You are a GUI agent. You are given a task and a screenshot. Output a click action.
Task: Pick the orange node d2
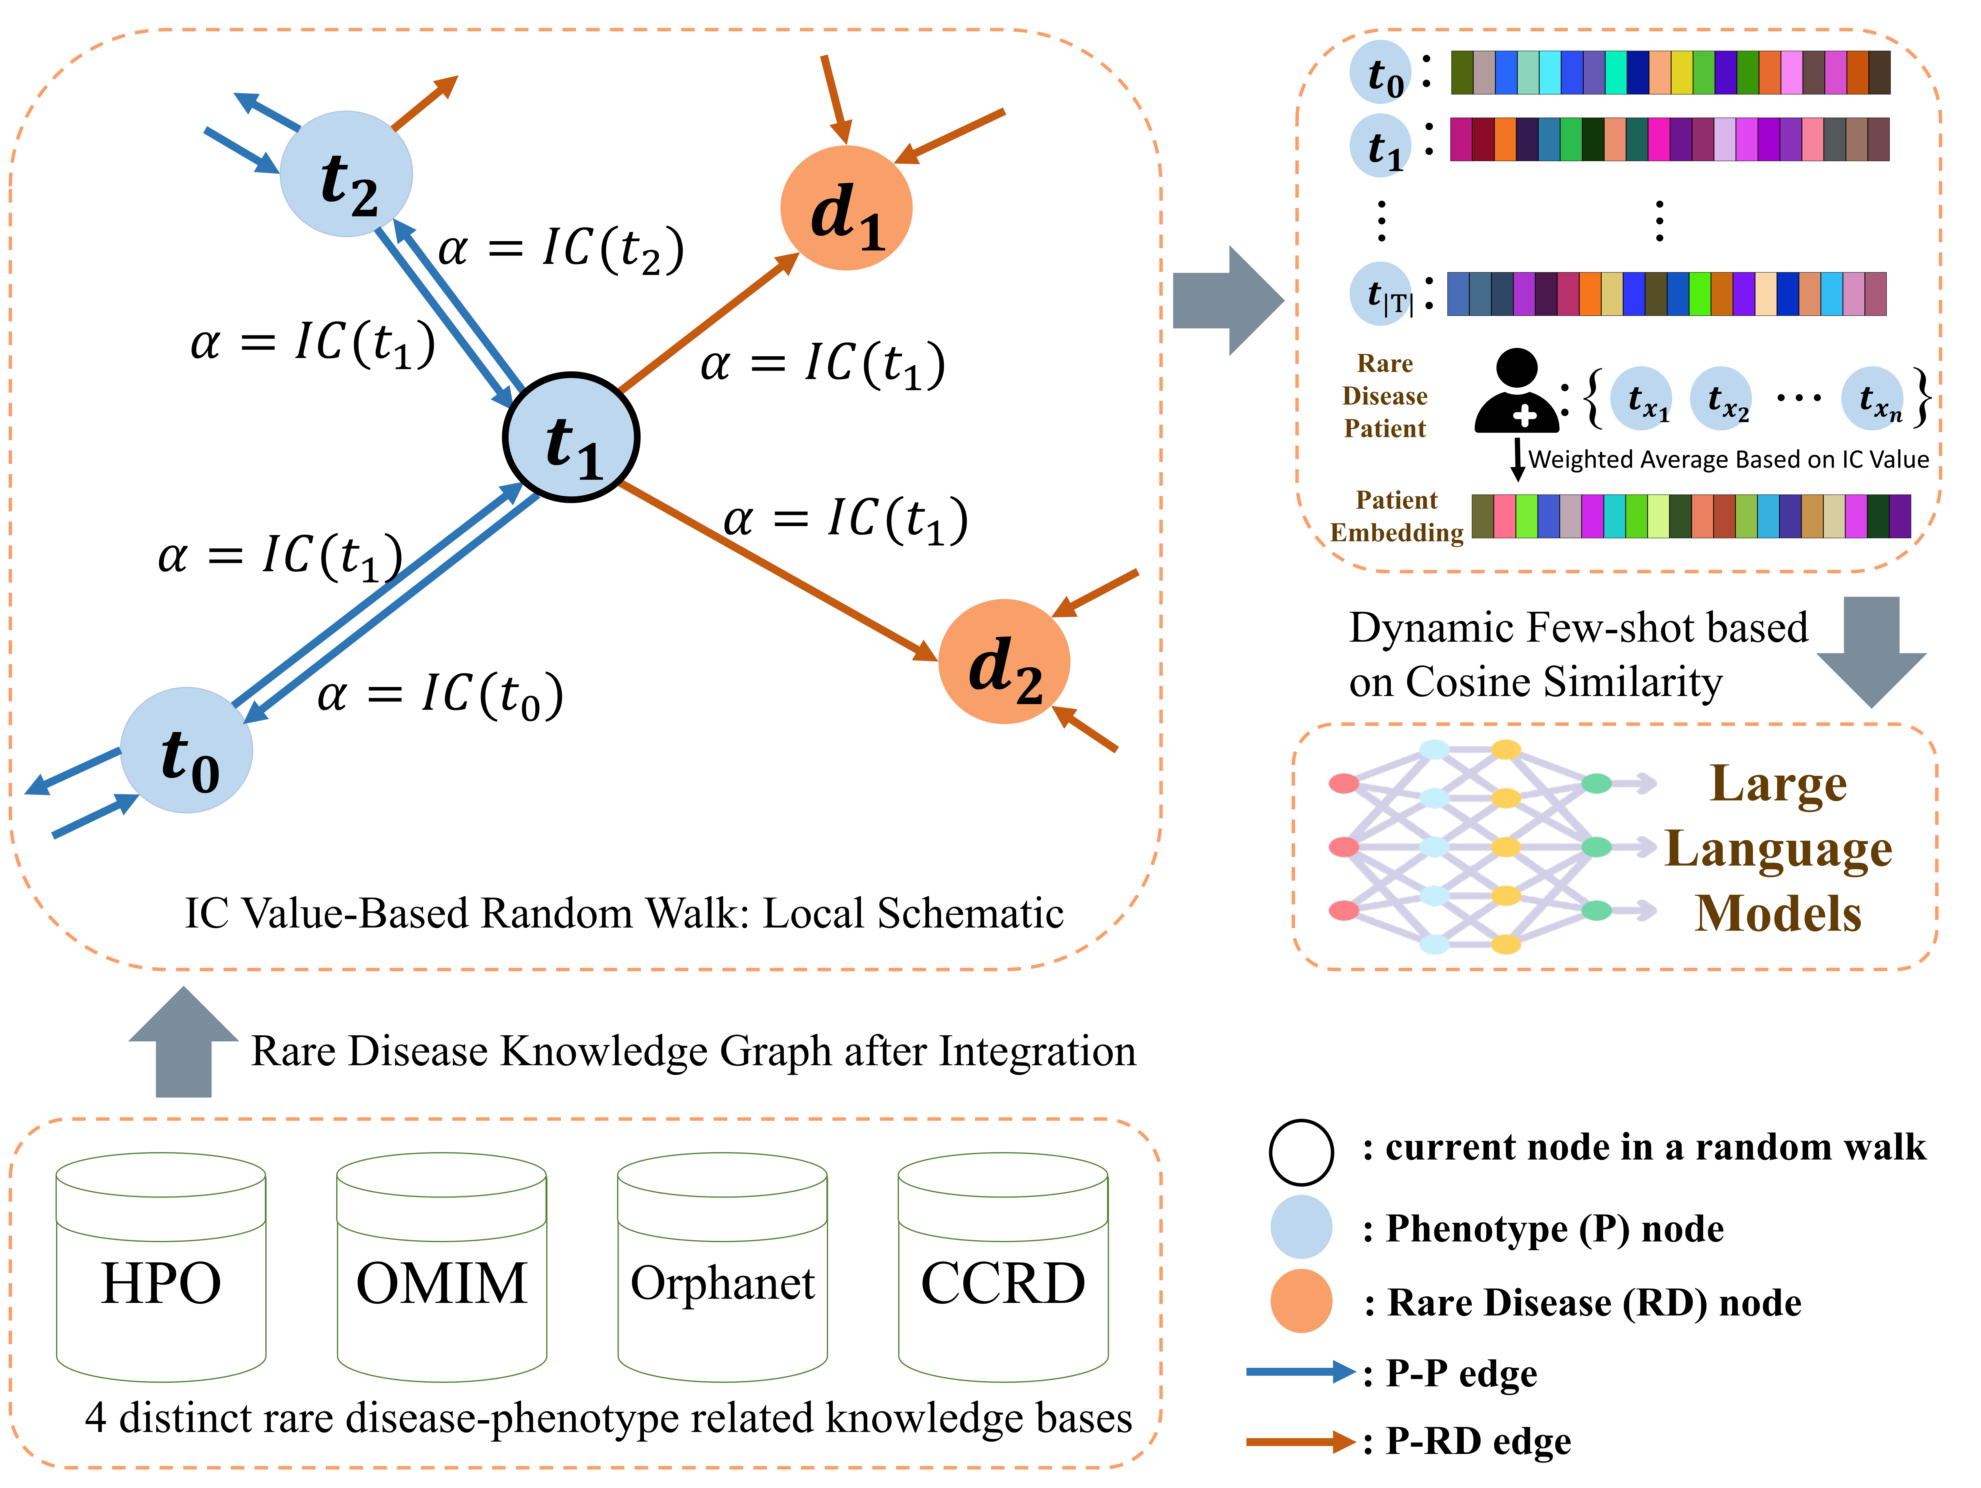[1004, 662]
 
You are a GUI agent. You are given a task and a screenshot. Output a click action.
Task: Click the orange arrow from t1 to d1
[707, 324]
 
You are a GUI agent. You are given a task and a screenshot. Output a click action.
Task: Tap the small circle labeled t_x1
[1641, 398]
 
